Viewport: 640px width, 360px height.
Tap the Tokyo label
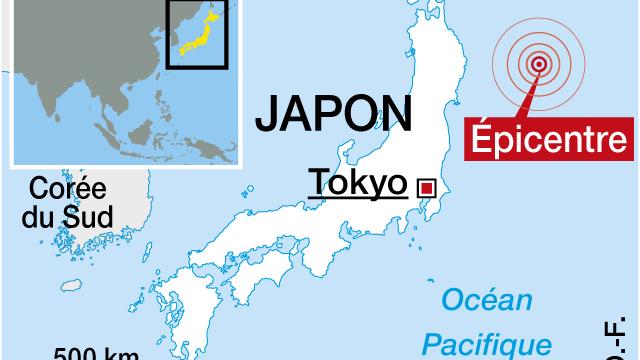(x=357, y=183)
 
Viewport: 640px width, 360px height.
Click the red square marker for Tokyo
(x=427, y=187)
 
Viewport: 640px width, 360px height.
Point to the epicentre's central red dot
(x=540, y=65)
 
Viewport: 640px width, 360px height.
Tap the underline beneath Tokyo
(x=357, y=198)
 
